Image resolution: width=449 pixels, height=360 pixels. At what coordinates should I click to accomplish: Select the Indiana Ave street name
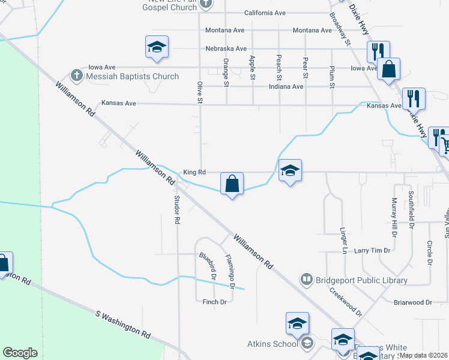[x=285, y=86]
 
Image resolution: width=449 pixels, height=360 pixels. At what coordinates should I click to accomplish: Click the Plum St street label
[x=332, y=77]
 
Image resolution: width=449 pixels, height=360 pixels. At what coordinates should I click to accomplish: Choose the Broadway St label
[x=340, y=30]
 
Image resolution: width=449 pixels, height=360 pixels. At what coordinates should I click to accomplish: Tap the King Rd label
[x=194, y=172]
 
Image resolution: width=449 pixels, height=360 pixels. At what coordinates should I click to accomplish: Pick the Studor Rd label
[x=177, y=209]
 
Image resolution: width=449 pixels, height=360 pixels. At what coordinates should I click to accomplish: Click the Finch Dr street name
[x=214, y=302]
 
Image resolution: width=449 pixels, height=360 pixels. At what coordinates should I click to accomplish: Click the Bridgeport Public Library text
[x=362, y=280]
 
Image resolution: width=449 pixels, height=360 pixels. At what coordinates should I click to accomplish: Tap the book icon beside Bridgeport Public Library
[x=307, y=280]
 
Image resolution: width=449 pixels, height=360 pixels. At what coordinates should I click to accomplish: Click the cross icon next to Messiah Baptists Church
[x=76, y=76]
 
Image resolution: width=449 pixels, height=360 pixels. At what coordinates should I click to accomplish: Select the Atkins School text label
[x=272, y=344]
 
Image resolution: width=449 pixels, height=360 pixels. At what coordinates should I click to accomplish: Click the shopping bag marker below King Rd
[x=232, y=183]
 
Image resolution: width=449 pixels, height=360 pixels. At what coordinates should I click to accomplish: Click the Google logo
[x=20, y=353]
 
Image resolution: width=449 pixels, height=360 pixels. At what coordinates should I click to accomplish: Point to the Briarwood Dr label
[x=411, y=302]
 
